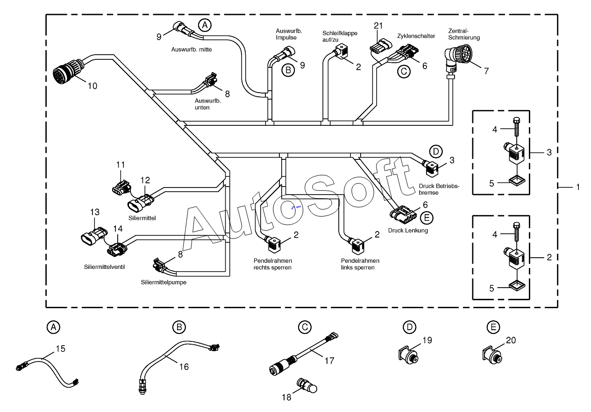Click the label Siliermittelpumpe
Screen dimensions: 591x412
164,282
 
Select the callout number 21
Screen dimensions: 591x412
378,26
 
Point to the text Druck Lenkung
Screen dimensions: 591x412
408,231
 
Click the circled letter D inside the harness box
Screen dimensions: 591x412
436,152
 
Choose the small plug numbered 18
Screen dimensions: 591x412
306,386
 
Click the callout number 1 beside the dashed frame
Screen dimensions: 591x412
578,187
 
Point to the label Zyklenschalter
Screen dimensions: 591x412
416,36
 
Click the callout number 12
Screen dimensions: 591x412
145,180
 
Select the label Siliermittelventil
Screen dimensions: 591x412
105,267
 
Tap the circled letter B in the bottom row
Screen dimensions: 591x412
179,327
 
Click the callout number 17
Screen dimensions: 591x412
329,361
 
